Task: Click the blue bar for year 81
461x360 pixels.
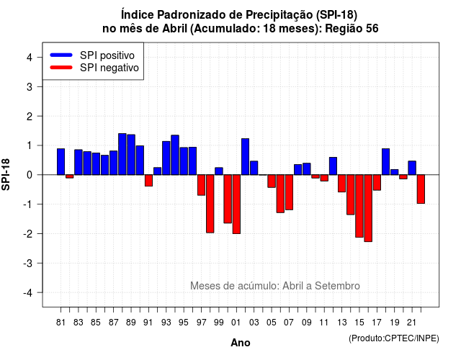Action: click(61, 161)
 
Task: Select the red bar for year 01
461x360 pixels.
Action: click(236, 204)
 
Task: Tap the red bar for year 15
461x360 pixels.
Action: click(359, 206)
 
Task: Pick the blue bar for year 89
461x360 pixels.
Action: click(131, 155)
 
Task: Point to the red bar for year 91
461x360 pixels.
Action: click(149, 181)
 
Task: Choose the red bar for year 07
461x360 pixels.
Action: click(290, 192)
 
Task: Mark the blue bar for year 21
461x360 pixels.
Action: click(412, 168)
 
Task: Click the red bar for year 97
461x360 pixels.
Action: click(202, 185)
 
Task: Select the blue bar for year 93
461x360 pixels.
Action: click(166, 158)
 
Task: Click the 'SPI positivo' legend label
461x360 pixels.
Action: click(107, 55)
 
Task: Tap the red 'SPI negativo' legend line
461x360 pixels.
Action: click(61, 68)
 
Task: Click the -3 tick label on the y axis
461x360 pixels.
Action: click(28, 264)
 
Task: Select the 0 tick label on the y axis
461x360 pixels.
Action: click(30, 175)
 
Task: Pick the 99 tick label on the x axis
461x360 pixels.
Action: click(219, 323)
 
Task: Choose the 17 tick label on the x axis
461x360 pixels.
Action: click(377, 323)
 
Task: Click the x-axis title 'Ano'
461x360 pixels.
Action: click(241, 343)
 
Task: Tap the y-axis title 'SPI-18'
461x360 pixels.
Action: click(6, 174)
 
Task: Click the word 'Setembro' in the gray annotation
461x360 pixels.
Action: click(337, 286)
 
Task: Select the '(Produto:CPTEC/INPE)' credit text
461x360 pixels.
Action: click(394, 338)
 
